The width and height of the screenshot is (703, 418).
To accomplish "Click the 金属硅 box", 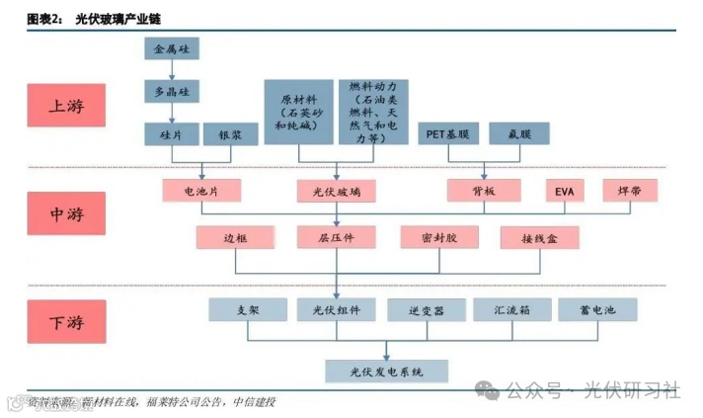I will tap(172, 48).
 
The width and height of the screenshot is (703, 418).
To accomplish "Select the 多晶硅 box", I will tap(172, 91).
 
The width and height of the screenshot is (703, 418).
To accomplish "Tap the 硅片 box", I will tap(172, 134).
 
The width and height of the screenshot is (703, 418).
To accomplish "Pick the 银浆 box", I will tap(229, 134).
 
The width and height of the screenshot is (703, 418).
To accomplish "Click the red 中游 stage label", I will tap(68, 213).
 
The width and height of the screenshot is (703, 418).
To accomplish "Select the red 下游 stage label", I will tap(68, 322).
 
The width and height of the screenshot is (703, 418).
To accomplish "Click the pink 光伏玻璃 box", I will tap(336, 191).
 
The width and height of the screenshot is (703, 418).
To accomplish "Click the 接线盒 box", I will tap(539, 238).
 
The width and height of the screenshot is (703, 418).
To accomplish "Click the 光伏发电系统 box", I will tap(387, 373).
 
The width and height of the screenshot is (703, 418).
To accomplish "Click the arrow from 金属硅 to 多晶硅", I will tap(172, 69).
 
